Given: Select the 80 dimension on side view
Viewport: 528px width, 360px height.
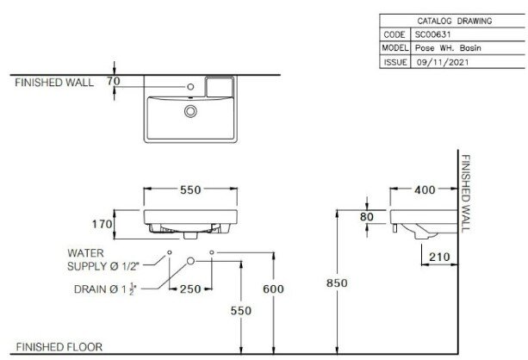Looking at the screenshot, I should click(x=367, y=217).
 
